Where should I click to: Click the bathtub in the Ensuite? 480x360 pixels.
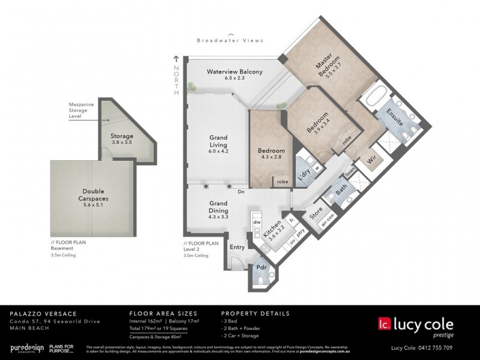coord(377,98)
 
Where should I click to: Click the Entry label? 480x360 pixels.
coord(237,247)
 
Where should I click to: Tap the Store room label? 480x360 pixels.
coord(316,213)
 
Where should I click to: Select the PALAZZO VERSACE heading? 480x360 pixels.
coord(38,314)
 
